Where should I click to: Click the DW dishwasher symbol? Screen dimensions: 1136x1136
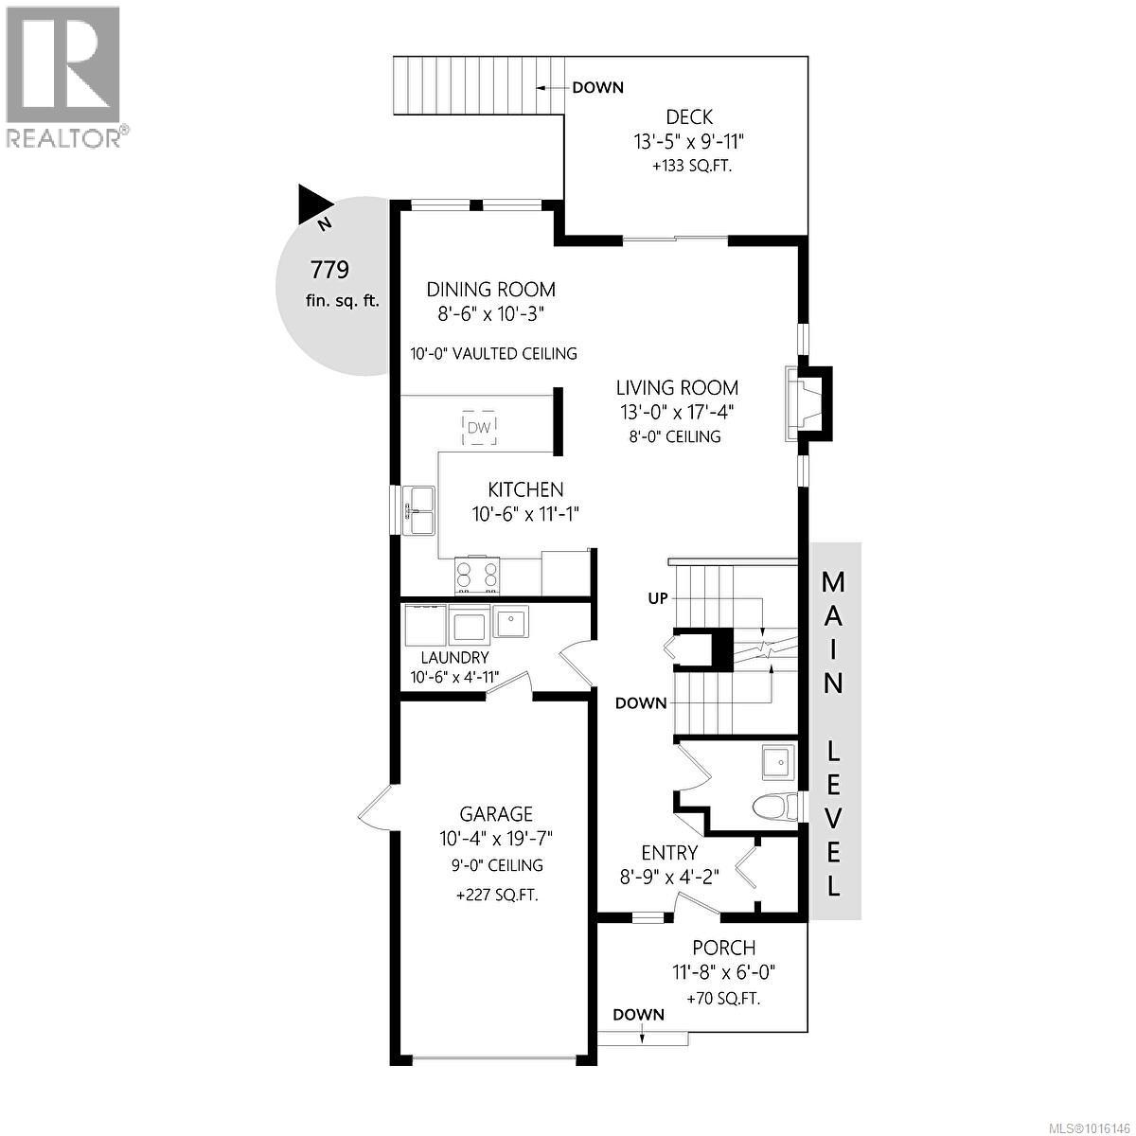tap(479, 428)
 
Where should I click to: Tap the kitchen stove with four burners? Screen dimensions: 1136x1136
tap(477, 575)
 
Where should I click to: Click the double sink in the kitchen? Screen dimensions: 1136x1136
tap(418, 510)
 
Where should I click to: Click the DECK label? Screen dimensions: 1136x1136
tap(689, 117)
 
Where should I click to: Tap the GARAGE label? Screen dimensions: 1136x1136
tap(496, 814)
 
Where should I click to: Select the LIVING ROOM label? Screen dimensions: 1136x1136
tap(677, 387)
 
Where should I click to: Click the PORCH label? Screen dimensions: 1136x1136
tap(723, 948)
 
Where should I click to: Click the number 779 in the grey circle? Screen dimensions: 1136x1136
tap(330, 270)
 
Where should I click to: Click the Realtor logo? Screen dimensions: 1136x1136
tap(63, 76)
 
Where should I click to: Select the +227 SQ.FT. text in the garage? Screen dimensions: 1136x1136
tap(496, 894)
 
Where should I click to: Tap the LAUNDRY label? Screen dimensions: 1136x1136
tap(455, 658)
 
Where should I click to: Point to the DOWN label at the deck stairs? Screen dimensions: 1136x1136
tap(598, 88)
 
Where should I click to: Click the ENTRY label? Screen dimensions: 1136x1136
tap(669, 853)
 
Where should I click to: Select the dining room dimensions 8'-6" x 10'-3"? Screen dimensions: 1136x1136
tap(489, 314)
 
